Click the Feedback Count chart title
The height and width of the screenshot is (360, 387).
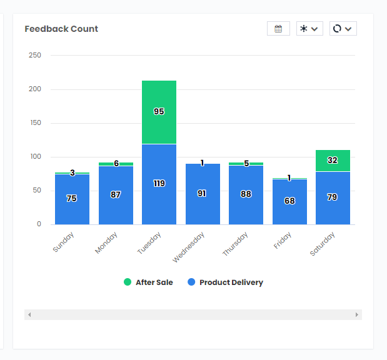tap(61, 29)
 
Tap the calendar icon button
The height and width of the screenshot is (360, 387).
tap(278, 29)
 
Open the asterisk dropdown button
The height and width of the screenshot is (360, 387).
tap(309, 29)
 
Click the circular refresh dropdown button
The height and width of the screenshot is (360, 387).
tap(343, 29)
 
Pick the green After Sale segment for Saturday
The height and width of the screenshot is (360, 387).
tap(333, 161)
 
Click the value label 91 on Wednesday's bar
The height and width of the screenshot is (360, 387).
tap(202, 194)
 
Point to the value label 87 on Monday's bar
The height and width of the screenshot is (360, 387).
tap(116, 195)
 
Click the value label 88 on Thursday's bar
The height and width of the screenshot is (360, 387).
tap(246, 194)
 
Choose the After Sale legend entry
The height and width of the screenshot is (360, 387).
tap(148, 282)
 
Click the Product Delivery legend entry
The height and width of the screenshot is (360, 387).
tap(225, 282)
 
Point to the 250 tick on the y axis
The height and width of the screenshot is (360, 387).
tap(35, 55)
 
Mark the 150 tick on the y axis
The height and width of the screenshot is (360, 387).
tap(35, 123)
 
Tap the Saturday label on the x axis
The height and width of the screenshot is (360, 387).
tap(323, 244)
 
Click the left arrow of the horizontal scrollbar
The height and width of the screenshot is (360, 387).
tap(29, 314)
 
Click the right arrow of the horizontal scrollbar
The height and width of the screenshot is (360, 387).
tap(357, 314)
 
